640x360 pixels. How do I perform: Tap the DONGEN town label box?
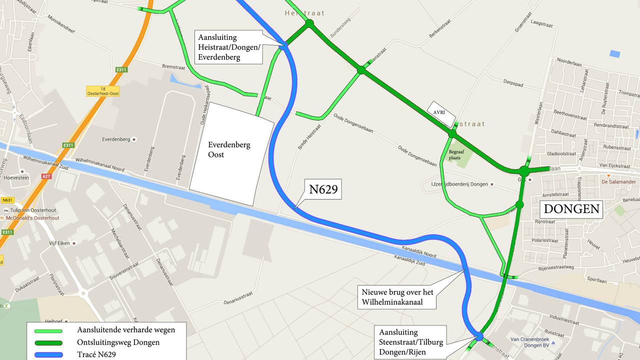571,209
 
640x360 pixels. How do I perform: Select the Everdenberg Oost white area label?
229,149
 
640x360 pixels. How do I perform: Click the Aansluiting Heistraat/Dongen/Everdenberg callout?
229,47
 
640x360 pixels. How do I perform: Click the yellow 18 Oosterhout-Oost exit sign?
102,91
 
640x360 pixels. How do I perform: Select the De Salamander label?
622,181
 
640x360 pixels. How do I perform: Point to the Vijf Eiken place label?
61,243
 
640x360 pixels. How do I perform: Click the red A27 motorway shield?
46,176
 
